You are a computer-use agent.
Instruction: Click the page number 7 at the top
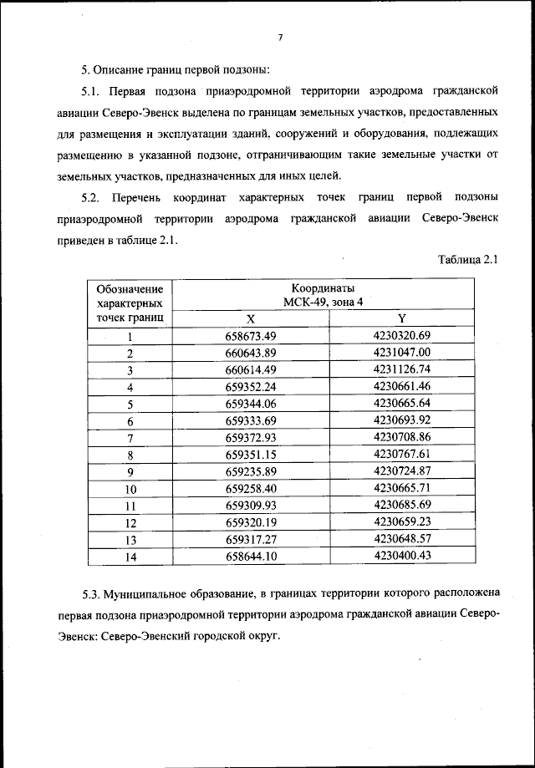coord(281,38)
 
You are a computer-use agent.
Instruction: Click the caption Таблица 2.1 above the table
coord(468,259)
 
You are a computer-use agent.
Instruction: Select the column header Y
coord(401,318)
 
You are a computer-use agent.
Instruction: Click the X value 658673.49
coord(251,336)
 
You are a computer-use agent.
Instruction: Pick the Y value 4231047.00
coord(402,353)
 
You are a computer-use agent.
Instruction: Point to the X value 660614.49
coord(251,369)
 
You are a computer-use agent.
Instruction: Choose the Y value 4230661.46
coord(402,386)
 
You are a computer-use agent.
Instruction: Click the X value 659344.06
coord(251,404)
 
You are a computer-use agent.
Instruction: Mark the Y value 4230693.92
coord(402,420)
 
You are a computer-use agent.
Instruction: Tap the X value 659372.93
coord(251,438)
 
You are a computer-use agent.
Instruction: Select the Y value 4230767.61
coord(402,455)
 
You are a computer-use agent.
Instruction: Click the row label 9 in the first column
coord(130,472)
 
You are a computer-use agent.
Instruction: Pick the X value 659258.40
coord(251,489)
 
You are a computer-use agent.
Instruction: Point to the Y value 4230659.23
coord(402,522)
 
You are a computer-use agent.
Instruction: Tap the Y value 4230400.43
coord(402,555)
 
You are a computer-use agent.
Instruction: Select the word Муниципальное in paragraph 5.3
coord(150,595)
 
